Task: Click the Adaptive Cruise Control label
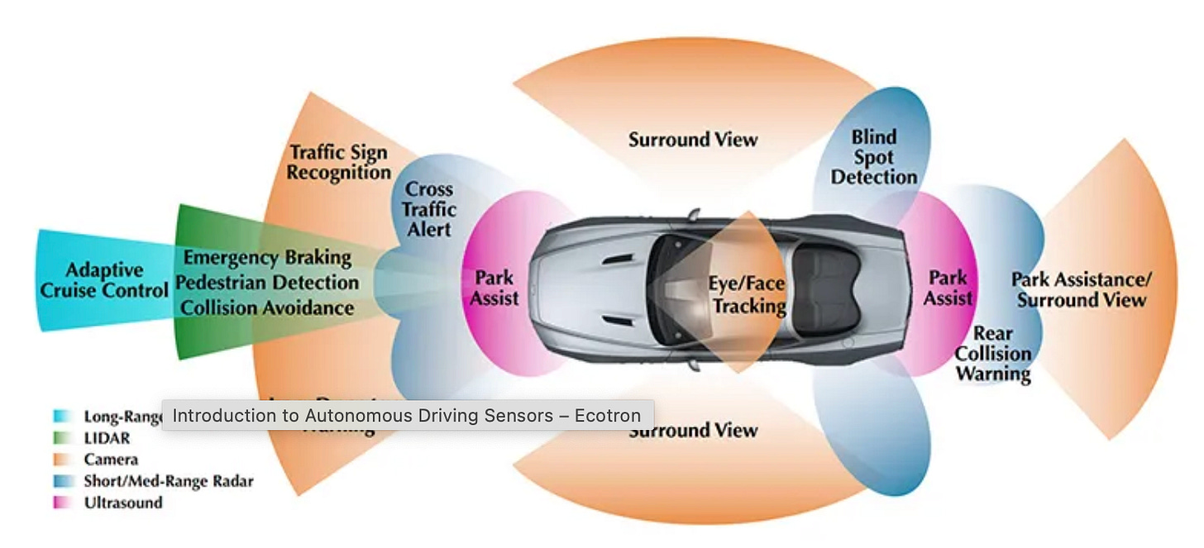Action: (x=104, y=281)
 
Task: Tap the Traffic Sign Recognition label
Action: (x=339, y=163)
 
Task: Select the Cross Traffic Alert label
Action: (x=429, y=209)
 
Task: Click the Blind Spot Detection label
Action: (x=874, y=157)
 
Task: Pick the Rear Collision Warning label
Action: (x=993, y=354)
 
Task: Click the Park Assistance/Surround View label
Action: (x=1082, y=289)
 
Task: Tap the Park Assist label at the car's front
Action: (x=494, y=287)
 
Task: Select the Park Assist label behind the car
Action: (x=948, y=287)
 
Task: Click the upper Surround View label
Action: (x=693, y=140)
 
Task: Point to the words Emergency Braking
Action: (x=267, y=258)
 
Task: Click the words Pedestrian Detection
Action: (x=267, y=283)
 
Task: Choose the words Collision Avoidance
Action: (x=267, y=308)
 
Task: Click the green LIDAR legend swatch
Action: (x=60, y=438)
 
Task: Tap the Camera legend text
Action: (x=111, y=460)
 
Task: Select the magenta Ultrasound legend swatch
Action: (x=60, y=503)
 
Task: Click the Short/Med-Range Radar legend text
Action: (x=168, y=481)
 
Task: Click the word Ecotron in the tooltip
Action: (x=610, y=416)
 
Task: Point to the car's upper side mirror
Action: (x=693, y=215)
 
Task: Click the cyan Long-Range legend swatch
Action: (x=60, y=417)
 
